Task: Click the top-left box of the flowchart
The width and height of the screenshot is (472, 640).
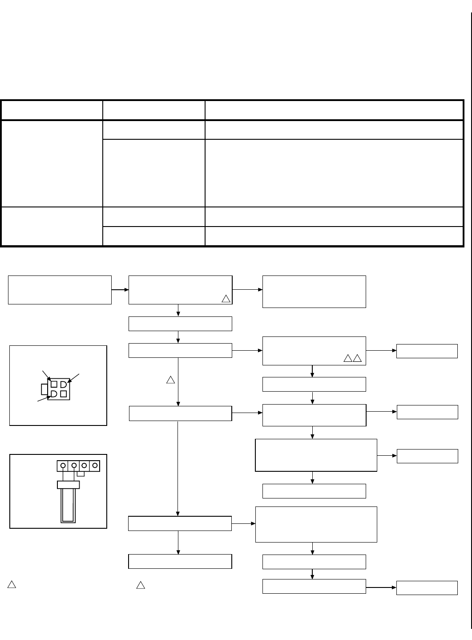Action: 60,290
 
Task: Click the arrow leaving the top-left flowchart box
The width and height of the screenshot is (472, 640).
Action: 120,290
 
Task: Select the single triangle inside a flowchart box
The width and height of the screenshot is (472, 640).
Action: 226,298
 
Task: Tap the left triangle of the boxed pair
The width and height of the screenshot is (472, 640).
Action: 348,358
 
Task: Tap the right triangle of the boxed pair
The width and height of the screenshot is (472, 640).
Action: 357,358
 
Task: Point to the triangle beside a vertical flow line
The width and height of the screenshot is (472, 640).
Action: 170,380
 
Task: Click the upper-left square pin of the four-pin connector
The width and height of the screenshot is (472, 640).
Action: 54,384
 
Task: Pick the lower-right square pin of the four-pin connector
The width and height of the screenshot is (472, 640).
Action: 64,394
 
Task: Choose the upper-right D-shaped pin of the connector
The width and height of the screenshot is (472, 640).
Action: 64,384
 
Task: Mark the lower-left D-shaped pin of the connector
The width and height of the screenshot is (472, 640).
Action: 53,394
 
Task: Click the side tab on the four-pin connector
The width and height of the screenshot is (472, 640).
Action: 44,389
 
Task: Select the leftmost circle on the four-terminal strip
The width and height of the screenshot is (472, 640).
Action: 63,466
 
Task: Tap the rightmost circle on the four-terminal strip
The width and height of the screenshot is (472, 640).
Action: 94,466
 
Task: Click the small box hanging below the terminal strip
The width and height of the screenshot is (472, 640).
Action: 81,473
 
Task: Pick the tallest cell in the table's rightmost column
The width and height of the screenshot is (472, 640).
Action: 334,173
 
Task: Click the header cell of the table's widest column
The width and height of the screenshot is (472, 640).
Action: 334,110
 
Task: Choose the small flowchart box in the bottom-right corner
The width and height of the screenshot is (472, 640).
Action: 427,587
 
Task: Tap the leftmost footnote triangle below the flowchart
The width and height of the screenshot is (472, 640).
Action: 12,585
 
